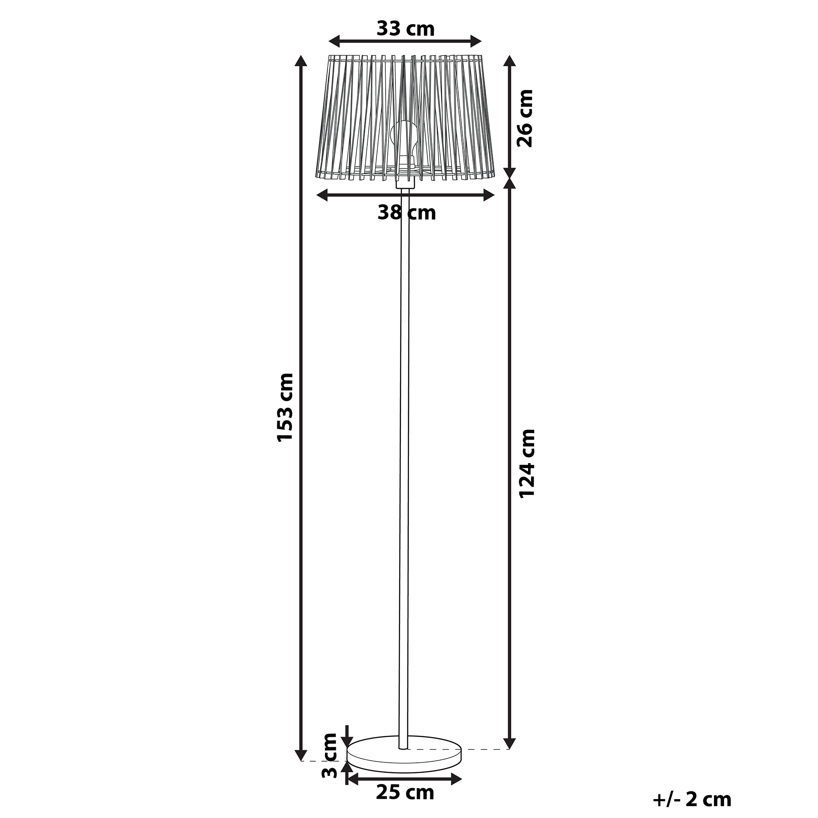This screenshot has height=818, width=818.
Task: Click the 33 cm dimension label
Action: [x=406, y=29]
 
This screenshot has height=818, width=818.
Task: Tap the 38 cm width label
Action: [x=407, y=213]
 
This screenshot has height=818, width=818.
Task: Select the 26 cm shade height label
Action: [x=525, y=118]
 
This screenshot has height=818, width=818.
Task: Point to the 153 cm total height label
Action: [x=285, y=408]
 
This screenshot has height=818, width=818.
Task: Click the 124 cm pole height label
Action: [x=527, y=464]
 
